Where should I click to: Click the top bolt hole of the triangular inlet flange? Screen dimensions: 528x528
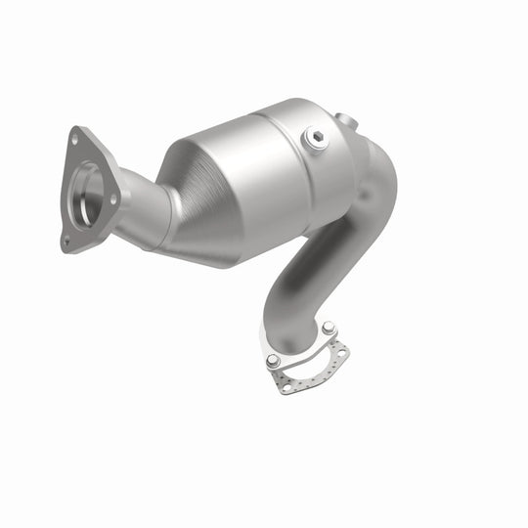click(x=75, y=139)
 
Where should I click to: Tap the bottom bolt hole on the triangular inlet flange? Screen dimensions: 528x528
click(x=66, y=239)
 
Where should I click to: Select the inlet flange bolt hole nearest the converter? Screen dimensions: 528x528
click(x=114, y=198)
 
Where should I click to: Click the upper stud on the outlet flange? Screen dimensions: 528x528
click(x=329, y=328)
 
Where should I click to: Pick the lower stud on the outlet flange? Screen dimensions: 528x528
click(x=273, y=361)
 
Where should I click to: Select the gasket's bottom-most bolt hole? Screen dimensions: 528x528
click(x=286, y=387)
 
